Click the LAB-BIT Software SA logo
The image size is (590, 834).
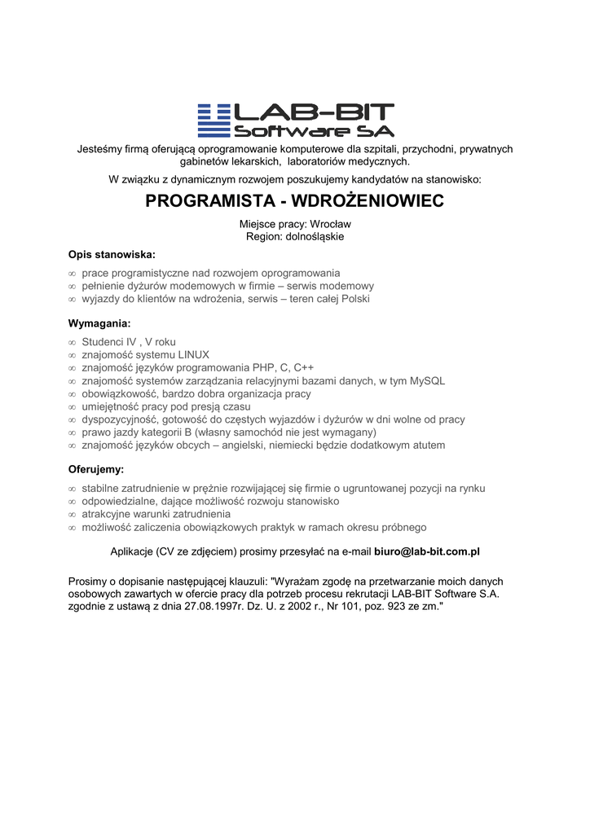point(295,121)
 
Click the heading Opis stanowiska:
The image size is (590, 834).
point(112,254)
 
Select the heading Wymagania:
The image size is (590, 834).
point(99,323)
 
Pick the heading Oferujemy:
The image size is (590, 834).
point(96,470)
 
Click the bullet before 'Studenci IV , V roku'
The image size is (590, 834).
point(72,342)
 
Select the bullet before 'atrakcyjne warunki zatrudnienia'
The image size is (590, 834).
point(72,515)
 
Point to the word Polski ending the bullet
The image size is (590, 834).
point(354,299)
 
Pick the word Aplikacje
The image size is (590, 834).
point(132,551)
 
